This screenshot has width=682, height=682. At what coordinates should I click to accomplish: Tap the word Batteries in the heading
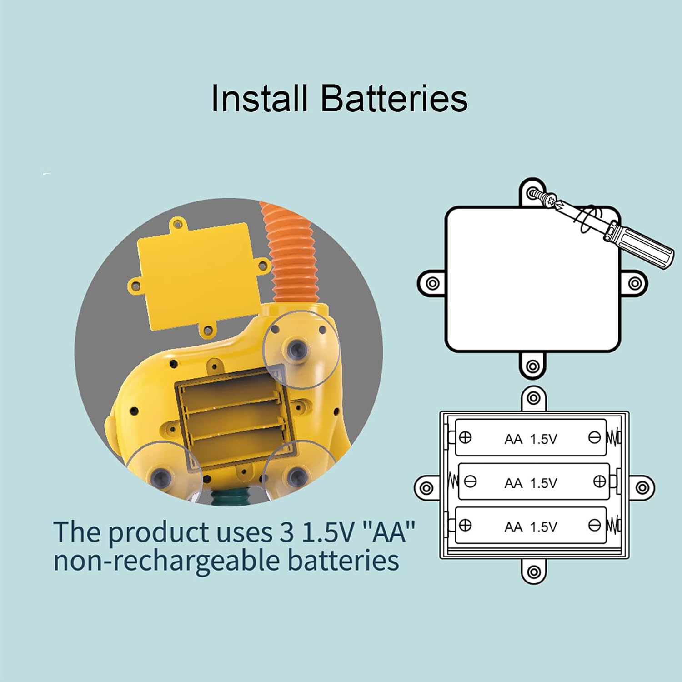394,98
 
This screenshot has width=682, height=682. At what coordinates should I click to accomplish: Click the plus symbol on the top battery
465,437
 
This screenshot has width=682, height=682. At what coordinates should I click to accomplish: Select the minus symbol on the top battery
594,437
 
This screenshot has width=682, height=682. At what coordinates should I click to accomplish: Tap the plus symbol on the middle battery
600,481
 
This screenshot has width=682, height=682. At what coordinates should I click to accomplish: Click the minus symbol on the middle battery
471,481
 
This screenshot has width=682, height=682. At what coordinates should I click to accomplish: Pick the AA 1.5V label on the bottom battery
531,527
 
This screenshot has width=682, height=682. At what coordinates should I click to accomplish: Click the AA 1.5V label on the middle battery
531,483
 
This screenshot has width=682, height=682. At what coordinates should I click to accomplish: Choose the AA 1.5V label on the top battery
531,439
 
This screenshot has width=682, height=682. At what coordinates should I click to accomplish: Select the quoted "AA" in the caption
391,532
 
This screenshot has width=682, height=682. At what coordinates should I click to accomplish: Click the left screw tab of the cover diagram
432,283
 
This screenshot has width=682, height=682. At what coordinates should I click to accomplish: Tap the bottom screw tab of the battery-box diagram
534,572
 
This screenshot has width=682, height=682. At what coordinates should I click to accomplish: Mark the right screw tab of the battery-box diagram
642,488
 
